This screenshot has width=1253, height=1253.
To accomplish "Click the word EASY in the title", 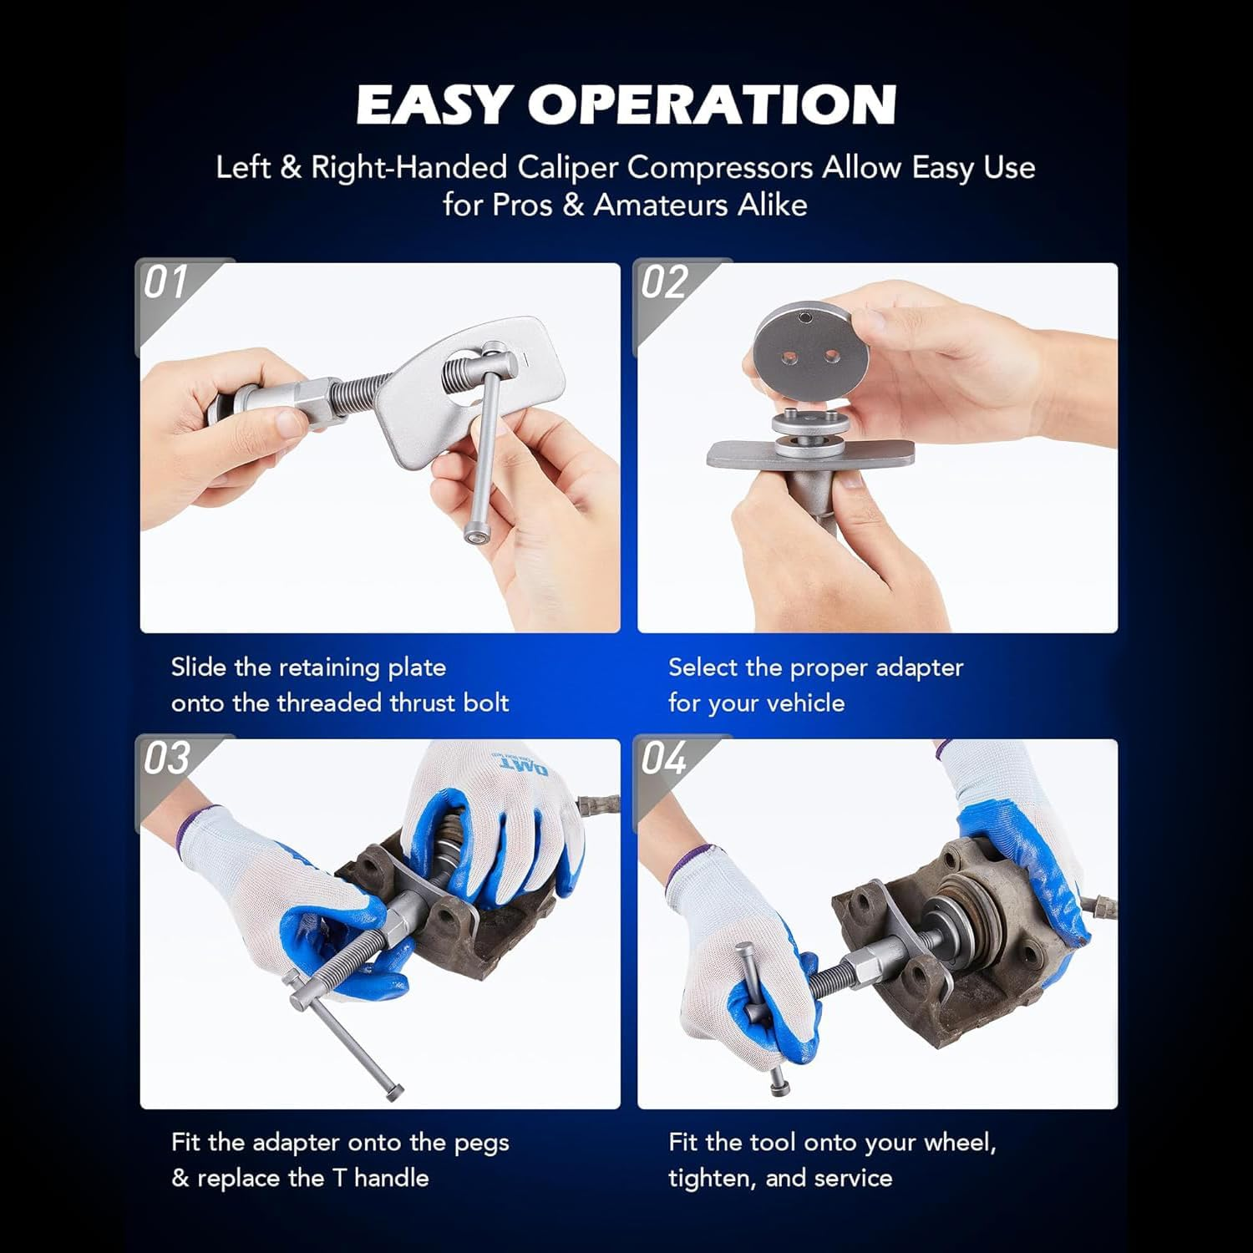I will point(434,104).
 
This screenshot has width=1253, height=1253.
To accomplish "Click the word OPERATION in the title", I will point(712,104).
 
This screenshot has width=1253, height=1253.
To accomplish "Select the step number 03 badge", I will point(166,758).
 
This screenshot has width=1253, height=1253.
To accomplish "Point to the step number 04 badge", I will point(664,758).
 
